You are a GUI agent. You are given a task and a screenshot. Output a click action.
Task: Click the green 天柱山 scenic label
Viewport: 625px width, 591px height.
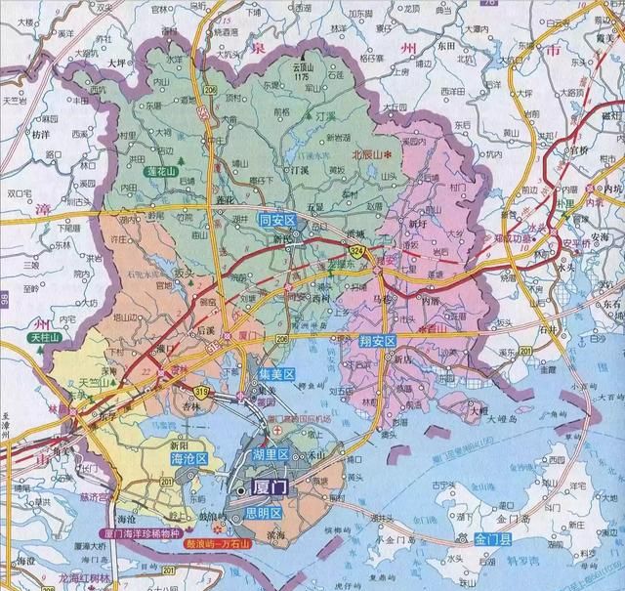(44, 337)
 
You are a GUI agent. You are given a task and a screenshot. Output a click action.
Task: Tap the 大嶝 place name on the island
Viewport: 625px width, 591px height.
(478, 411)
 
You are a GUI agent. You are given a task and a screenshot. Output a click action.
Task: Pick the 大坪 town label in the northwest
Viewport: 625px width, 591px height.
(116, 60)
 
